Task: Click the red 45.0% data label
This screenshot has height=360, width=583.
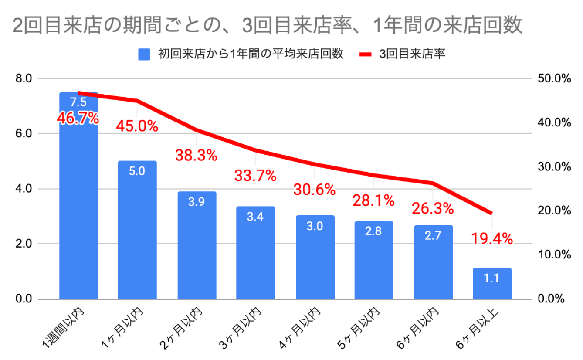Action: [x=137, y=126]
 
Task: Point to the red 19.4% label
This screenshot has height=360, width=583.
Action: [x=492, y=238]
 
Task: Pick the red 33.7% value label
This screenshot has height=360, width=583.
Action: [x=255, y=175]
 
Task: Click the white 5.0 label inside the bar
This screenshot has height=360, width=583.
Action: [x=137, y=171]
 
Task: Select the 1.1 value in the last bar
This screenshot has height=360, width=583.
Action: [x=492, y=278]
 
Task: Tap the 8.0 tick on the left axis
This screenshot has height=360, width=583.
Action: [x=23, y=78]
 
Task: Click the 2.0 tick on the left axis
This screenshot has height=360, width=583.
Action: [x=23, y=244]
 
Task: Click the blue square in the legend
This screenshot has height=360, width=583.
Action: [x=144, y=54]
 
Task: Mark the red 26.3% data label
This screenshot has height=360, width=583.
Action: [x=433, y=209]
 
